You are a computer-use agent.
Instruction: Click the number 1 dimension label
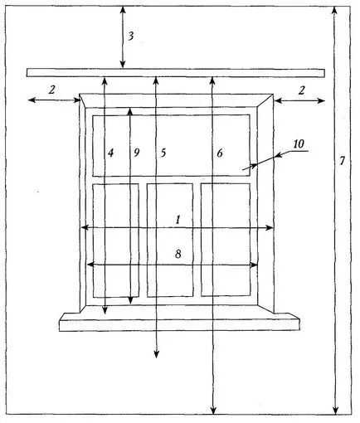click(178, 220)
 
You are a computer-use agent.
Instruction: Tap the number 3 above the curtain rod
click(131, 36)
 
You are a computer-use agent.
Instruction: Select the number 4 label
click(110, 153)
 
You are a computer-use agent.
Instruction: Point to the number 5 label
click(163, 153)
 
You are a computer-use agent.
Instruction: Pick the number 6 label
click(220, 153)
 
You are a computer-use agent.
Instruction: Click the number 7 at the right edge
click(343, 161)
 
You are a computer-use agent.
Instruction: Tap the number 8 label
click(178, 254)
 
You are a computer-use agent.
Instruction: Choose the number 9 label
click(136, 153)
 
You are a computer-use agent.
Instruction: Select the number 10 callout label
click(299, 143)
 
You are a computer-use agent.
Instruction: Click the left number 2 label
click(51, 90)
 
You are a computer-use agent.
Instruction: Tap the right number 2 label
click(301, 90)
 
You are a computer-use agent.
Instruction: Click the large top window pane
click(172, 145)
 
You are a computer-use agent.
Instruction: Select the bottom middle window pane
click(170, 240)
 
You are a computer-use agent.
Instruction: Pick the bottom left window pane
click(115, 241)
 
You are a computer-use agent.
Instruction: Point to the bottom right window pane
click(226, 240)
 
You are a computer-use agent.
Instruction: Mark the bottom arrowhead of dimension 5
click(156, 355)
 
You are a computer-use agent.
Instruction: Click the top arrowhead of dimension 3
click(124, 11)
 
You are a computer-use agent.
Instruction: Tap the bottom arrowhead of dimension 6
click(213, 411)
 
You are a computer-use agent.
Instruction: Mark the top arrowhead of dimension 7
click(335, 11)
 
